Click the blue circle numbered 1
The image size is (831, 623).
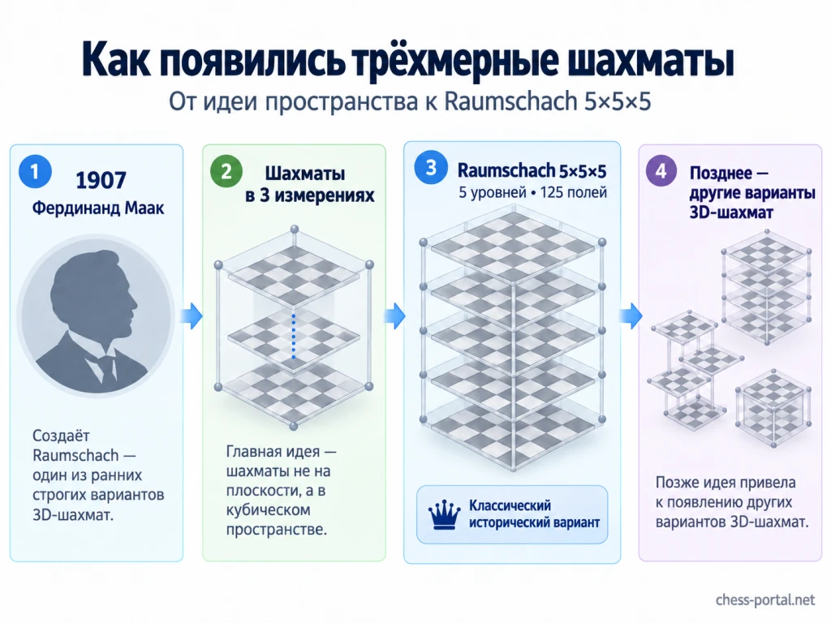click(35, 172)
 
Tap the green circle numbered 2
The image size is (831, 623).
click(226, 172)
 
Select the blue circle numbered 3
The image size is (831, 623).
click(431, 167)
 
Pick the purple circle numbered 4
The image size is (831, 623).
click(661, 171)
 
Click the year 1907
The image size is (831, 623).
click(101, 181)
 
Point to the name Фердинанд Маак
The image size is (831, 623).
click(98, 208)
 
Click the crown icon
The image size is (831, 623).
click(444, 514)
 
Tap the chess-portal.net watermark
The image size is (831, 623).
click(764, 599)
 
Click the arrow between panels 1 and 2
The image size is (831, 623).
click(191, 316)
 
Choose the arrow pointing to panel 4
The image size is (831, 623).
click(631, 316)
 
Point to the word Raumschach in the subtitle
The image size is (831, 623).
click(510, 101)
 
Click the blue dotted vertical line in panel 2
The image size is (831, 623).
click(294, 336)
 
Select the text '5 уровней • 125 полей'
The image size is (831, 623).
click(532, 192)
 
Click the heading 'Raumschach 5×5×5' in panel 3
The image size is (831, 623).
click(532, 170)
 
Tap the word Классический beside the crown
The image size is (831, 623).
click(510, 505)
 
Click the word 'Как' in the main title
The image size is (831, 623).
click(114, 60)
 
